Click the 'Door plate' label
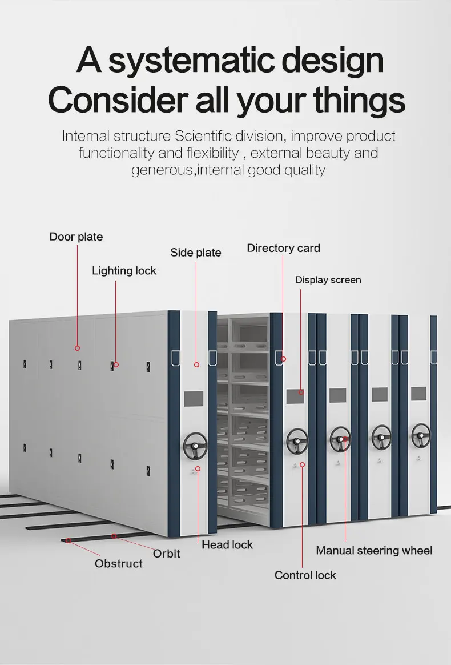[x=76, y=237]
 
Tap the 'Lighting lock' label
[x=124, y=270]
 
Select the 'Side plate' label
[x=196, y=252]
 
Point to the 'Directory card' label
[x=283, y=248]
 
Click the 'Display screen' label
[x=328, y=279]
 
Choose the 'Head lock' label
[x=227, y=544]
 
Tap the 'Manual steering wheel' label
[x=374, y=550]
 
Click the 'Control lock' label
[x=305, y=575]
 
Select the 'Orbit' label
[x=166, y=553]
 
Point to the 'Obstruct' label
[x=119, y=563]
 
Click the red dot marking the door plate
[x=77, y=347]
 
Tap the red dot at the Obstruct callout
[x=68, y=540]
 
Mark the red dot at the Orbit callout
[x=114, y=536]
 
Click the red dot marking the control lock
[x=302, y=464]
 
